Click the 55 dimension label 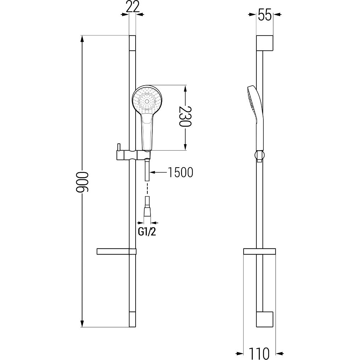click(x=265, y=16)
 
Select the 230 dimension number click(x=185, y=116)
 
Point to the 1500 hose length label click(x=180, y=173)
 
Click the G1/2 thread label click(x=147, y=232)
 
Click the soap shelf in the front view click(x=117, y=251)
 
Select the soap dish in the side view click(x=260, y=251)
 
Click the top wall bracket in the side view click(x=264, y=43)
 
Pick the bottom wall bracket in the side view click(x=264, y=320)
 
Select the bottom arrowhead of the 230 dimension click(x=186, y=146)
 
